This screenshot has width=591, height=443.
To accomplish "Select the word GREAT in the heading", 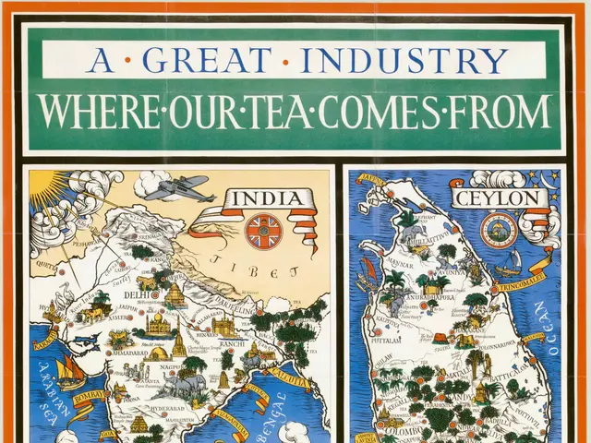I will click(209, 60).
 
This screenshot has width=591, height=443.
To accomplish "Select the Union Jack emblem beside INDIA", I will click(263, 229).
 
